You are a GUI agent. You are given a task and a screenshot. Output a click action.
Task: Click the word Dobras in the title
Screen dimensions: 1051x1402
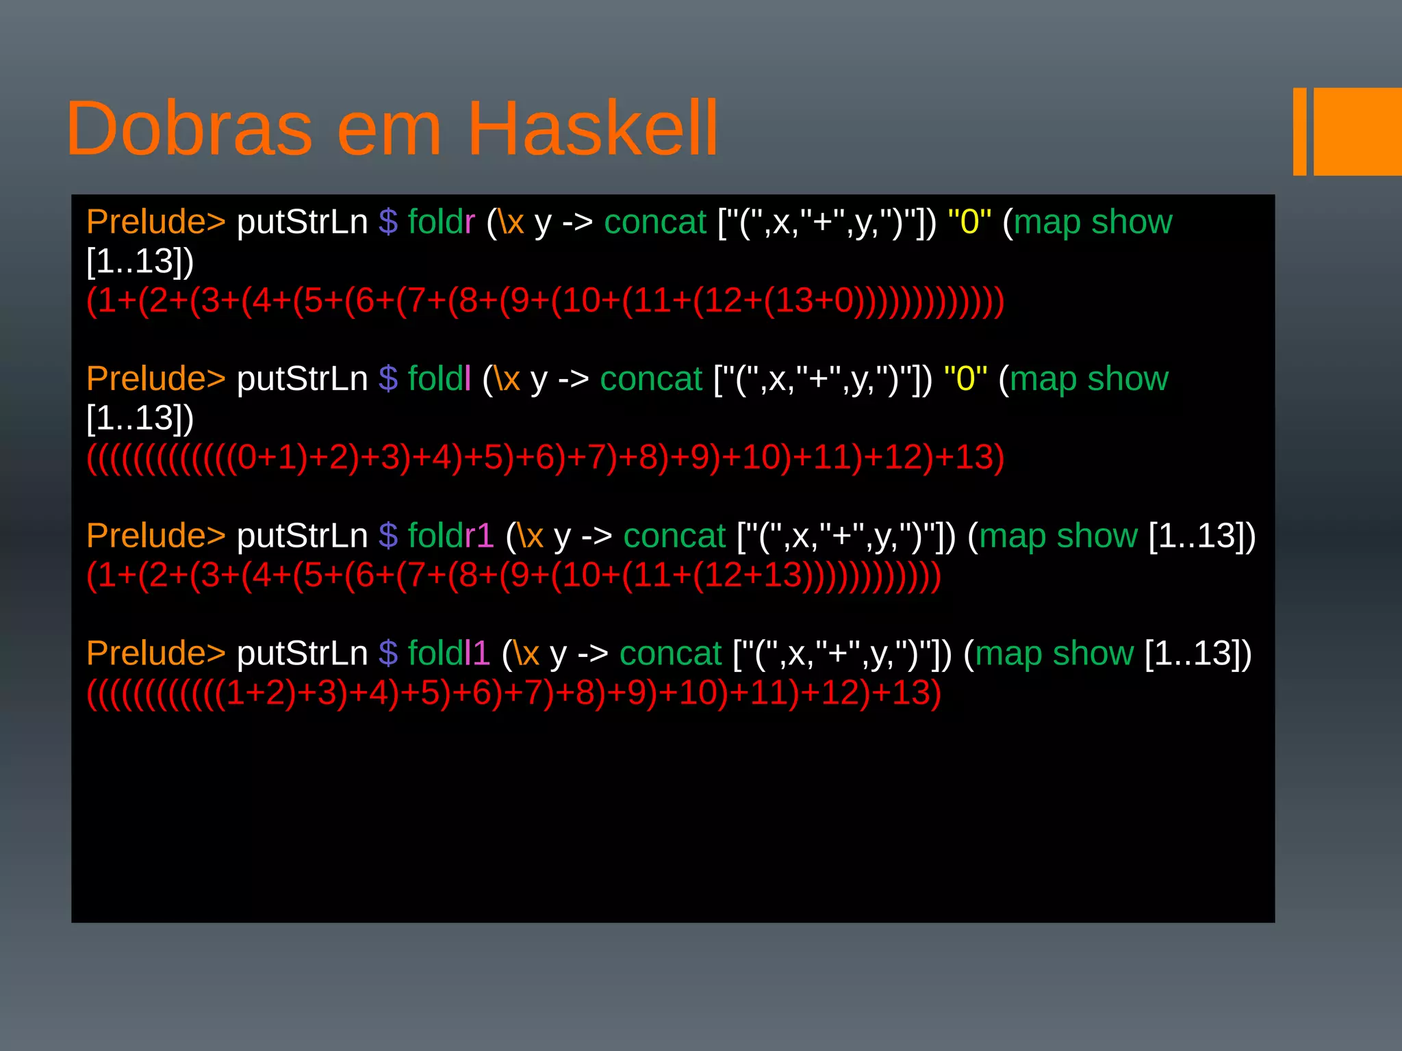coord(189,129)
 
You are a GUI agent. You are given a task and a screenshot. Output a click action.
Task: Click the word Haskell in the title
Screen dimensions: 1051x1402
coord(592,129)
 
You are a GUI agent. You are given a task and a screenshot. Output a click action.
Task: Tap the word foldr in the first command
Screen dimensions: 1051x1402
coord(441,222)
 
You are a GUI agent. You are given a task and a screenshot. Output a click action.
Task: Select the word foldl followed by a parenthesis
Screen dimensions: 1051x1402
coord(439,378)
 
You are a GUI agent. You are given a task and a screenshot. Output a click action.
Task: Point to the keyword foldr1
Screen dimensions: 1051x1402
coord(450,535)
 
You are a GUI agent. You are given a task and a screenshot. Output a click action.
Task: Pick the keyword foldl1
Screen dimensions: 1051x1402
coord(448,653)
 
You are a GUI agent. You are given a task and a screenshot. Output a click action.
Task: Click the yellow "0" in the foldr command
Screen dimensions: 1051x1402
coord(969,222)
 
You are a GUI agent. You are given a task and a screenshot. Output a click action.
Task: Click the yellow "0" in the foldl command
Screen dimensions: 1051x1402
coord(965,378)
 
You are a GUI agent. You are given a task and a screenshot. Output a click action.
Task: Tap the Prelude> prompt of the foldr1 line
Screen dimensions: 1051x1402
coord(155,535)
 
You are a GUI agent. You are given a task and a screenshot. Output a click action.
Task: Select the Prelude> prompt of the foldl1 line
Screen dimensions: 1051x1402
coord(155,653)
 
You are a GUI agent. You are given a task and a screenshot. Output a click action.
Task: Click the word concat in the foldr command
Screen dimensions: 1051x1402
coord(654,222)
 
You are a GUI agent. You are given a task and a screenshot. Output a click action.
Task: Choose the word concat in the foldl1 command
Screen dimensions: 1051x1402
coord(670,653)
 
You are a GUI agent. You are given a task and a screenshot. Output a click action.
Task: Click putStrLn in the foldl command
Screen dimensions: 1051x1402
coord(302,378)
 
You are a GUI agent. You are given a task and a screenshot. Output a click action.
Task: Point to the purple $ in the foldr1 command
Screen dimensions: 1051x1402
coord(388,535)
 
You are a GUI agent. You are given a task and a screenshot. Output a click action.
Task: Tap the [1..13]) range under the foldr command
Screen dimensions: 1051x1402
coord(140,261)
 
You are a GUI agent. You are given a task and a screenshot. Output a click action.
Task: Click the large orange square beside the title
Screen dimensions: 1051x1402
coord(1357,131)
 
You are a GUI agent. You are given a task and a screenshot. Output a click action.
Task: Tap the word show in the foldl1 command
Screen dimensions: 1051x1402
coord(1093,653)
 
